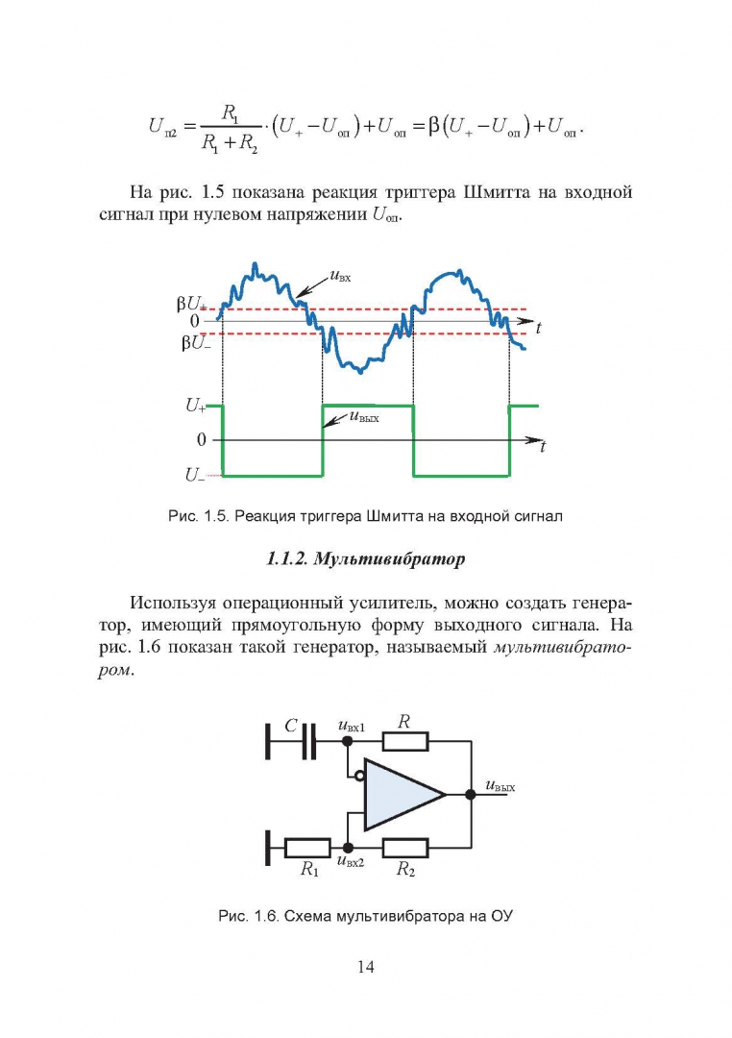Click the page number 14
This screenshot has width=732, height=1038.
(x=365, y=966)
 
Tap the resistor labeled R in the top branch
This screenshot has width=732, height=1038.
(x=405, y=742)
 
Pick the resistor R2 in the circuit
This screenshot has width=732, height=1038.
(x=405, y=848)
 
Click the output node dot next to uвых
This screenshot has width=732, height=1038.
(x=471, y=795)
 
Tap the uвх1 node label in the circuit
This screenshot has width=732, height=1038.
(x=352, y=727)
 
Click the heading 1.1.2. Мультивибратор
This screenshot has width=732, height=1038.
(x=364, y=557)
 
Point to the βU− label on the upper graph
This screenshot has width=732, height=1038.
(x=193, y=342)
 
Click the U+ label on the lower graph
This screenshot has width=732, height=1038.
(x=195, y=407)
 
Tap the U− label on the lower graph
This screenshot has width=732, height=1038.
(x=195, y=475)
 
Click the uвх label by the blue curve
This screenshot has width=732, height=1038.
(x=338, y=279)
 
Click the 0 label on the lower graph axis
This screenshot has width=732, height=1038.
(x=201, y=440)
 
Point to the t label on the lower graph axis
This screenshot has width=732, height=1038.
(x=543, y=448)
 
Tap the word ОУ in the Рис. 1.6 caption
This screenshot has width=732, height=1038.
(x=500, y=916)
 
